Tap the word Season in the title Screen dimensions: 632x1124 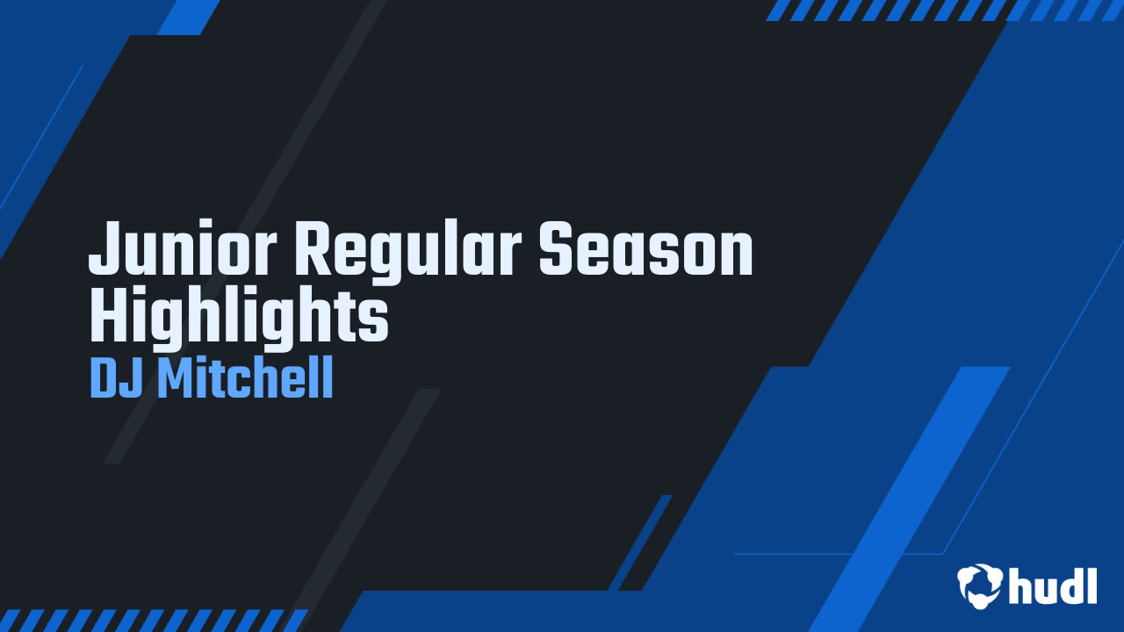(645, 250)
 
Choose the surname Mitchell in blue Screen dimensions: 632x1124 (245, 379)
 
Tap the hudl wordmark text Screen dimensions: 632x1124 (1053, 585)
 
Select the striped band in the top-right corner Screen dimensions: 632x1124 (944, 10)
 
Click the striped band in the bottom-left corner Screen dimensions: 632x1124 (154, 620)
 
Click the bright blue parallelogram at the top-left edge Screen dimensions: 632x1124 (188, 17)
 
